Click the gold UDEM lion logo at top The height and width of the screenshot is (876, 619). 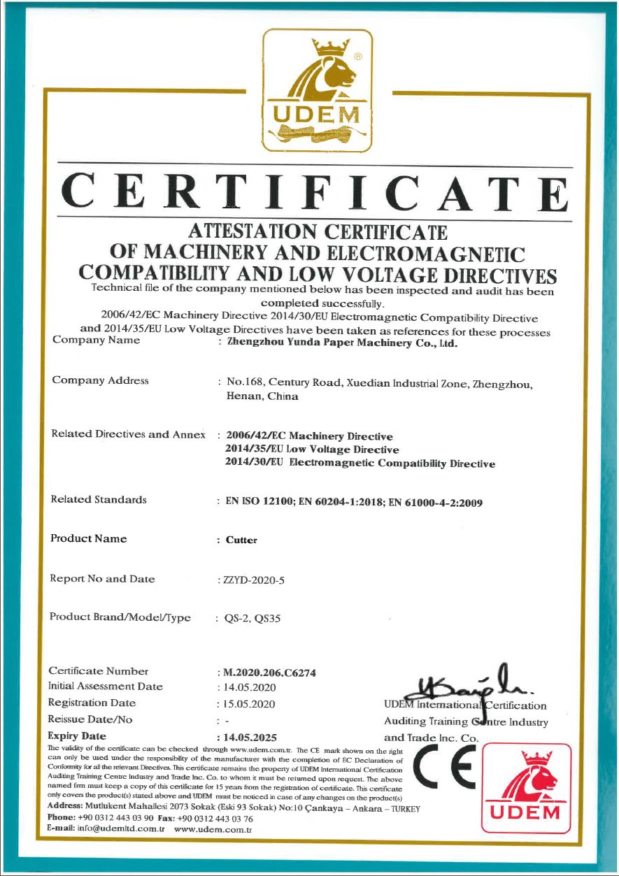click(317, 90)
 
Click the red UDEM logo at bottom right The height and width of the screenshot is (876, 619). click(525, 789)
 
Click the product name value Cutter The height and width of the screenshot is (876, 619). click(241, 540)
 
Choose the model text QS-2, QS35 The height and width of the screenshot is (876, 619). click(252, 619)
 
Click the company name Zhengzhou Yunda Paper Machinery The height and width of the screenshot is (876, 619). click(343, 343)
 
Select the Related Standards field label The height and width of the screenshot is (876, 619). click(99, 500)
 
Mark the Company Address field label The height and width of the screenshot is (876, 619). click(100, 381)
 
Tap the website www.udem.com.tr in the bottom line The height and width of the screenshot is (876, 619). click(213, 829)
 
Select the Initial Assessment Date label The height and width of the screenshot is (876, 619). click(105, 687)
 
